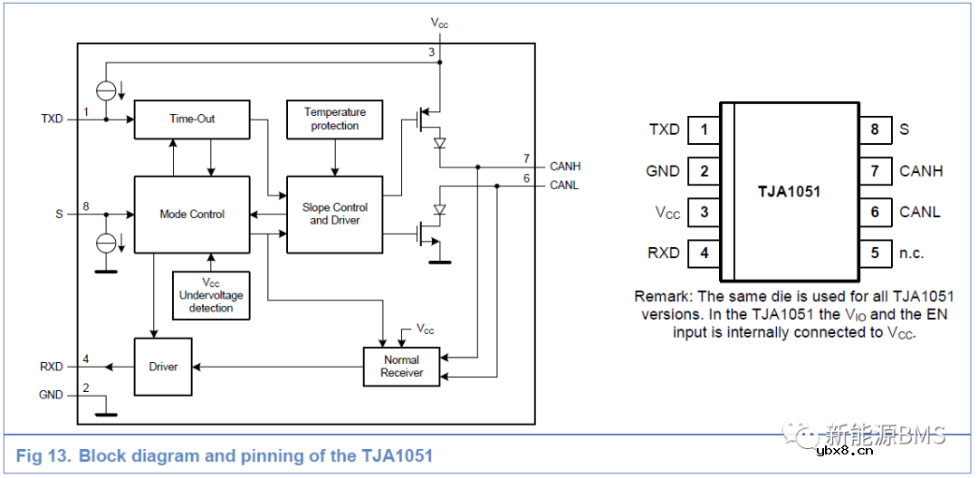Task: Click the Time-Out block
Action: [x=191, y=119]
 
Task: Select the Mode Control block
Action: [x=191, y=215]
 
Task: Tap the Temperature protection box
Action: [x=334, y=119]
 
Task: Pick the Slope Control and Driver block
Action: [x=334, y=215]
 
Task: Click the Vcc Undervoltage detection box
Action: [x=210, y=295]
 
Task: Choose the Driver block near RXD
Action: [x=163, y=367]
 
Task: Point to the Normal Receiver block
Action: [x=401, y=366]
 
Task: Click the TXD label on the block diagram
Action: [x=52, y=119]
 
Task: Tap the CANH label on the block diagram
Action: [x=565, y=167]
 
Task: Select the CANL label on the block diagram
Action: [x=564, y=186]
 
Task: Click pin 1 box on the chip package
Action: [x=705, y=129]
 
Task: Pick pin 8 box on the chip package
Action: [x=875, y=129]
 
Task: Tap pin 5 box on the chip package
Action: [x=875, y=253]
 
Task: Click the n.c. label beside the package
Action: [x=912, y=253]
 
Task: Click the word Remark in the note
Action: [x=662, y=296]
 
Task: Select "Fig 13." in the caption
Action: [x=43, y=455]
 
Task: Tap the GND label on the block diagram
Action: [x=51, y=395]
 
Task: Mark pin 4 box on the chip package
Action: [x=705, y=253]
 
